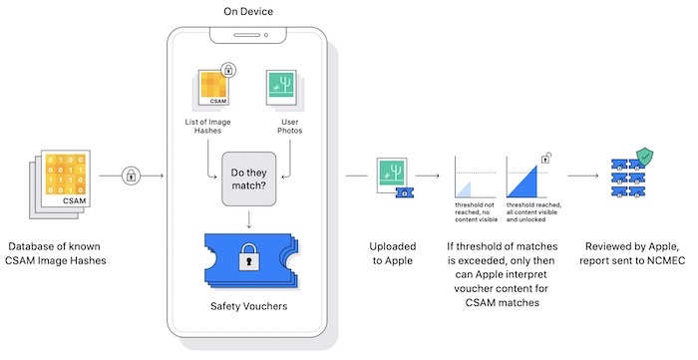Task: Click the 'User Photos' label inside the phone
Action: [x=285, y=128]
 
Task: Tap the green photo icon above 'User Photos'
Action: [x=285, y=86]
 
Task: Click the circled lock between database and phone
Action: [x=130, y=176]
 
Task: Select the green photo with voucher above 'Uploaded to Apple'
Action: [x=389, y=176]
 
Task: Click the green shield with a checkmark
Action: [x=646, y=157]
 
